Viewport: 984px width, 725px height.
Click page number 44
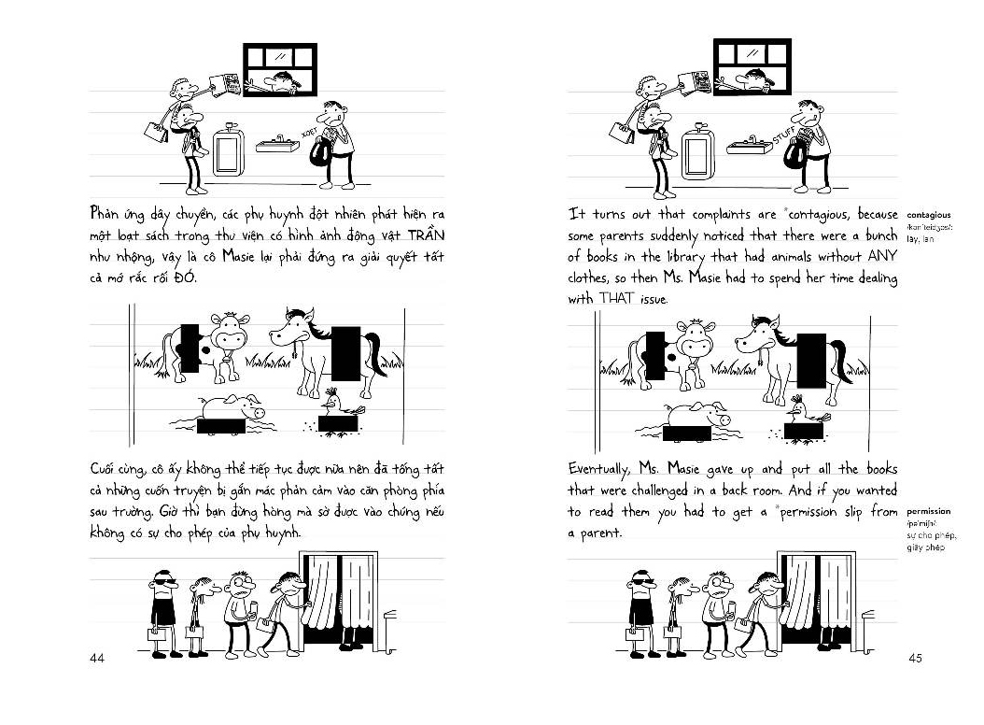(x=96, y=659)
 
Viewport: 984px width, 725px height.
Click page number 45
(x=915, y=659)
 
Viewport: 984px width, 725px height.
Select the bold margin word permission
(x=929, y=511)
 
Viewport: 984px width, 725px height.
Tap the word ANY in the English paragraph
(x=878, y=255)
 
